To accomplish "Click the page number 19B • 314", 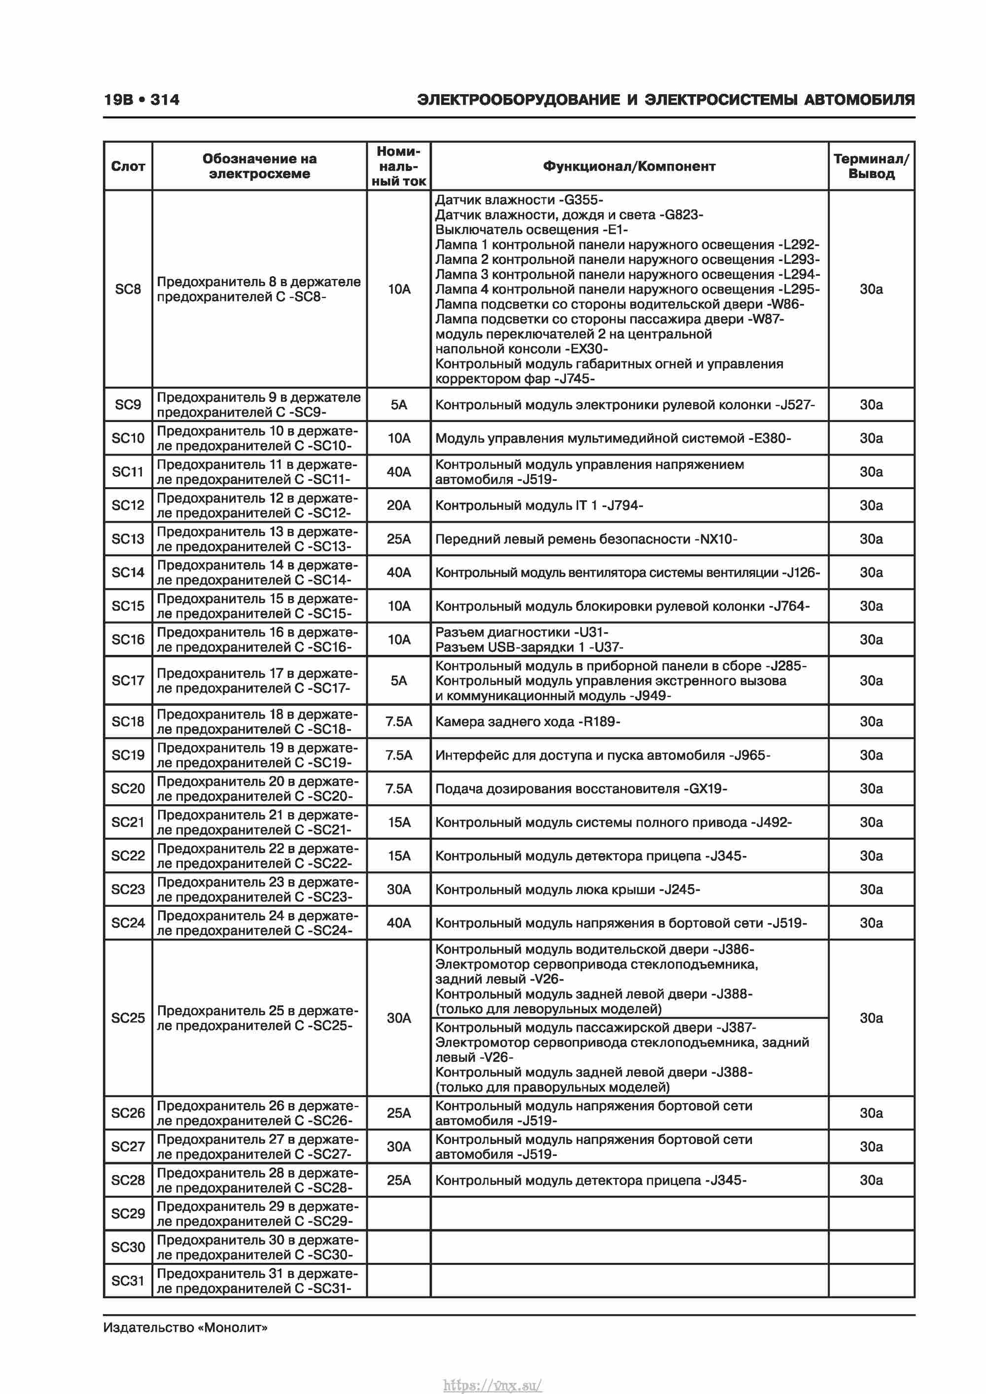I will point(141,100).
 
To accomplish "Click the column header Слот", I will point(128,166).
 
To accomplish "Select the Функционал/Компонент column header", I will point(629,166).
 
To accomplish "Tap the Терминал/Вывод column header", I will point(871,166).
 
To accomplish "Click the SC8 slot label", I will point(128,289).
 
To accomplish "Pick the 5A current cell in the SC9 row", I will point(398,405).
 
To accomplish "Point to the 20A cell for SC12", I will point(398,505).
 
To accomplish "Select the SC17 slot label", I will point(128,680).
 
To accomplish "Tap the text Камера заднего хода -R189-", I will point(527,722).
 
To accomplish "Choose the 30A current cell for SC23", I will point(398,890).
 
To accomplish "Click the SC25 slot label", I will point(128,1018).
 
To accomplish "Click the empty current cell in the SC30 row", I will point(398,1247).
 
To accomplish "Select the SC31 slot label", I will point(128,1281).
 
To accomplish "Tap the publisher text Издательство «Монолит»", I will point(185,1327).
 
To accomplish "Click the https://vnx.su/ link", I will point(493,1385).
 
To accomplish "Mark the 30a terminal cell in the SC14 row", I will point(871,572).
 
